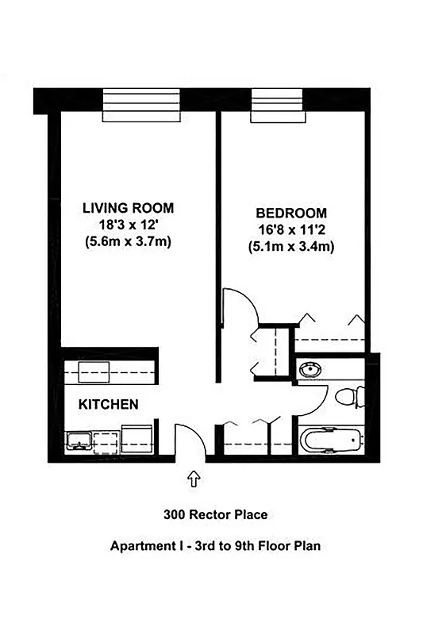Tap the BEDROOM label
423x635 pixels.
tap(290, 213)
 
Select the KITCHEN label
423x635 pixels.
tap(108, 404)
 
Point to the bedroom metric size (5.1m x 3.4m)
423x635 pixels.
tap(290, 246)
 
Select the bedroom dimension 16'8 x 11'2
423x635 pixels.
tap(290, 229)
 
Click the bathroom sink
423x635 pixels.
tap(311, 369)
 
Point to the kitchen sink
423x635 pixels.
tap(79, 441)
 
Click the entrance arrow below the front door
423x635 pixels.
tap(193, 479)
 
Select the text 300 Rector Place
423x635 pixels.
tap(215, 514)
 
